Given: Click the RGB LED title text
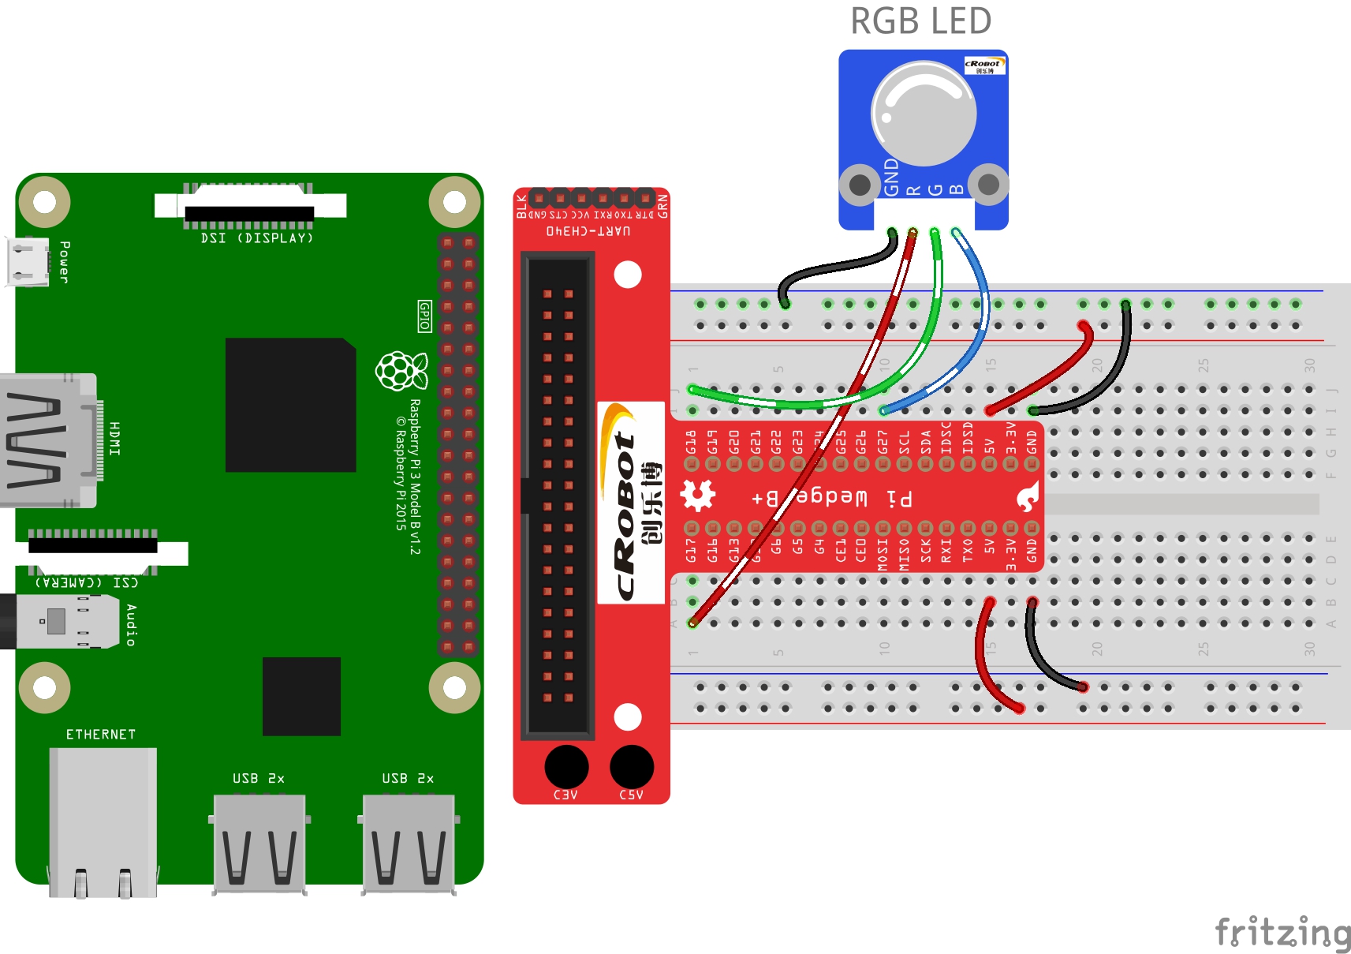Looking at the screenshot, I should [920, 21].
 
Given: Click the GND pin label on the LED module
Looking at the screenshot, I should [891, 177].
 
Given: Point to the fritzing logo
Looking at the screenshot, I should [1282, 932].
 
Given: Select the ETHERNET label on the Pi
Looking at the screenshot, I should [101, 735].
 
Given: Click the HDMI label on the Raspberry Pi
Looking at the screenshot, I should [115, 438].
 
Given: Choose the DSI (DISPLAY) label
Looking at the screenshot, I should [257, 238].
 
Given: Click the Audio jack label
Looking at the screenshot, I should [131, 625].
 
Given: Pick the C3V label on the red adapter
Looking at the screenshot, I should [565, 795].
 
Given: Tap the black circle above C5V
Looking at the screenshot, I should [632, 765].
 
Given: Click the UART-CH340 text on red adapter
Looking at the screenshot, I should [588, 231].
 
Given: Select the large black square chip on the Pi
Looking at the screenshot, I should [290, 405].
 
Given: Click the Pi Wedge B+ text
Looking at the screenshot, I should [832, 497].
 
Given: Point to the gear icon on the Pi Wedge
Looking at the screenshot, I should [697, 496].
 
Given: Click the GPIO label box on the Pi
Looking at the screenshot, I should [424, 316].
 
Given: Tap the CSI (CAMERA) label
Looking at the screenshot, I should [87, 582].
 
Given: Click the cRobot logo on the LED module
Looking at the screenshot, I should [983, 65].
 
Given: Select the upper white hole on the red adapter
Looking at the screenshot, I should [628, 275].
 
